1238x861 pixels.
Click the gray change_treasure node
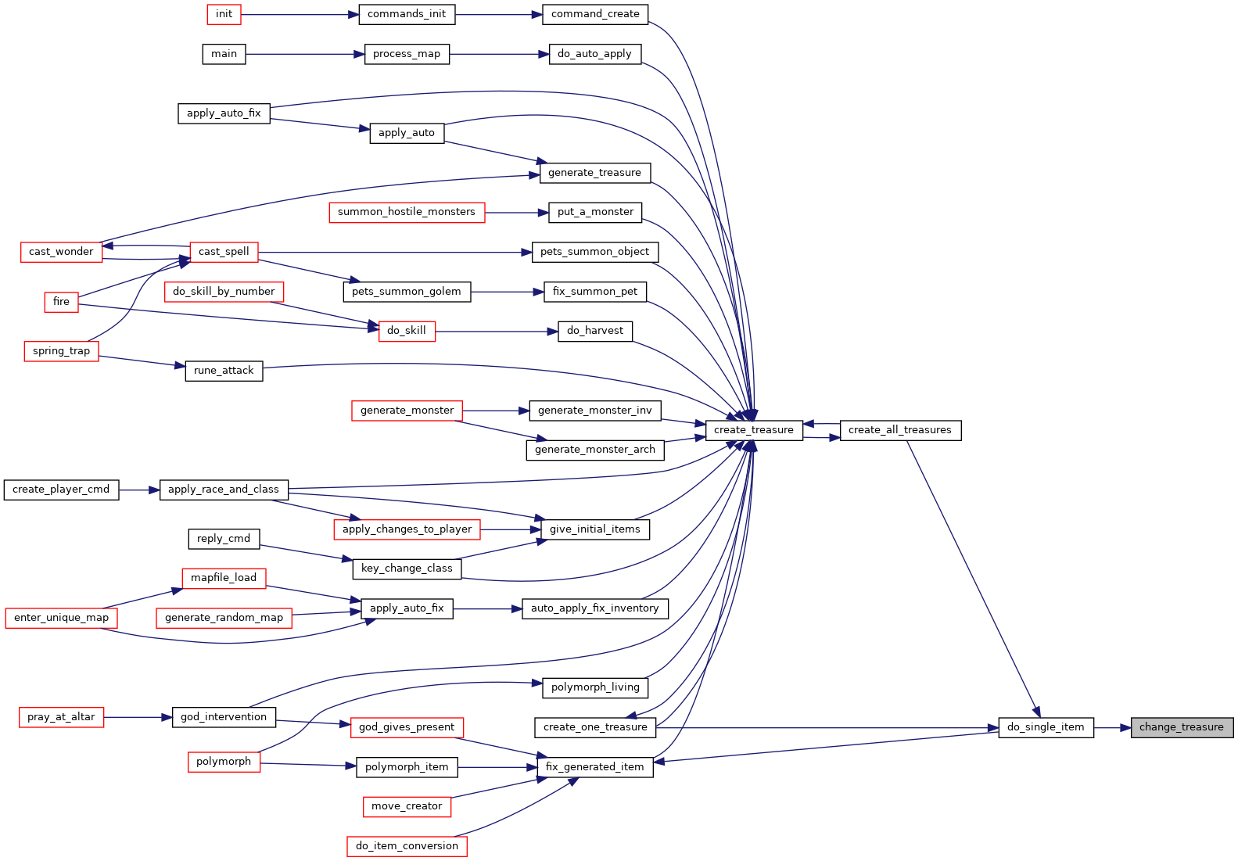click(1182, 727)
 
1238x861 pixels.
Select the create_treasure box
click(754, 430)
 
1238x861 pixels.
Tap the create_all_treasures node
click(900, 430)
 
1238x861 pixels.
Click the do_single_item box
click(1046, 727)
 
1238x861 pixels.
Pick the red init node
click(224, 14)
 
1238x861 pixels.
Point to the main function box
click(224, 54)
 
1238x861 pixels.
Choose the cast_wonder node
click(61, 252)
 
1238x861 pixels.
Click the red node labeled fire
click(61, 302)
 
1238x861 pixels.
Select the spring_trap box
click(61, 351)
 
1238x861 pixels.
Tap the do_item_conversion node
click(407, 846)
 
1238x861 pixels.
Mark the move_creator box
click(407, 806)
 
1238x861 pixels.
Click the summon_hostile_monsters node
click(407, 212)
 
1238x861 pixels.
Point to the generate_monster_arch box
click(594, 450)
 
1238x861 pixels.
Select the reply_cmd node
click(224, 539)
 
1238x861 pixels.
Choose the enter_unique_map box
click(61, 618)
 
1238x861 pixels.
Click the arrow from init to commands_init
click(300, 15)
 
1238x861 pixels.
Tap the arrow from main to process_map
click(305, 55)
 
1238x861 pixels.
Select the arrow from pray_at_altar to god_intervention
click(138, 717)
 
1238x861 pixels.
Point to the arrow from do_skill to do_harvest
click(497, 332)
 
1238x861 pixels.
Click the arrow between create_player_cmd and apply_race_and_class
click(139, 490)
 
